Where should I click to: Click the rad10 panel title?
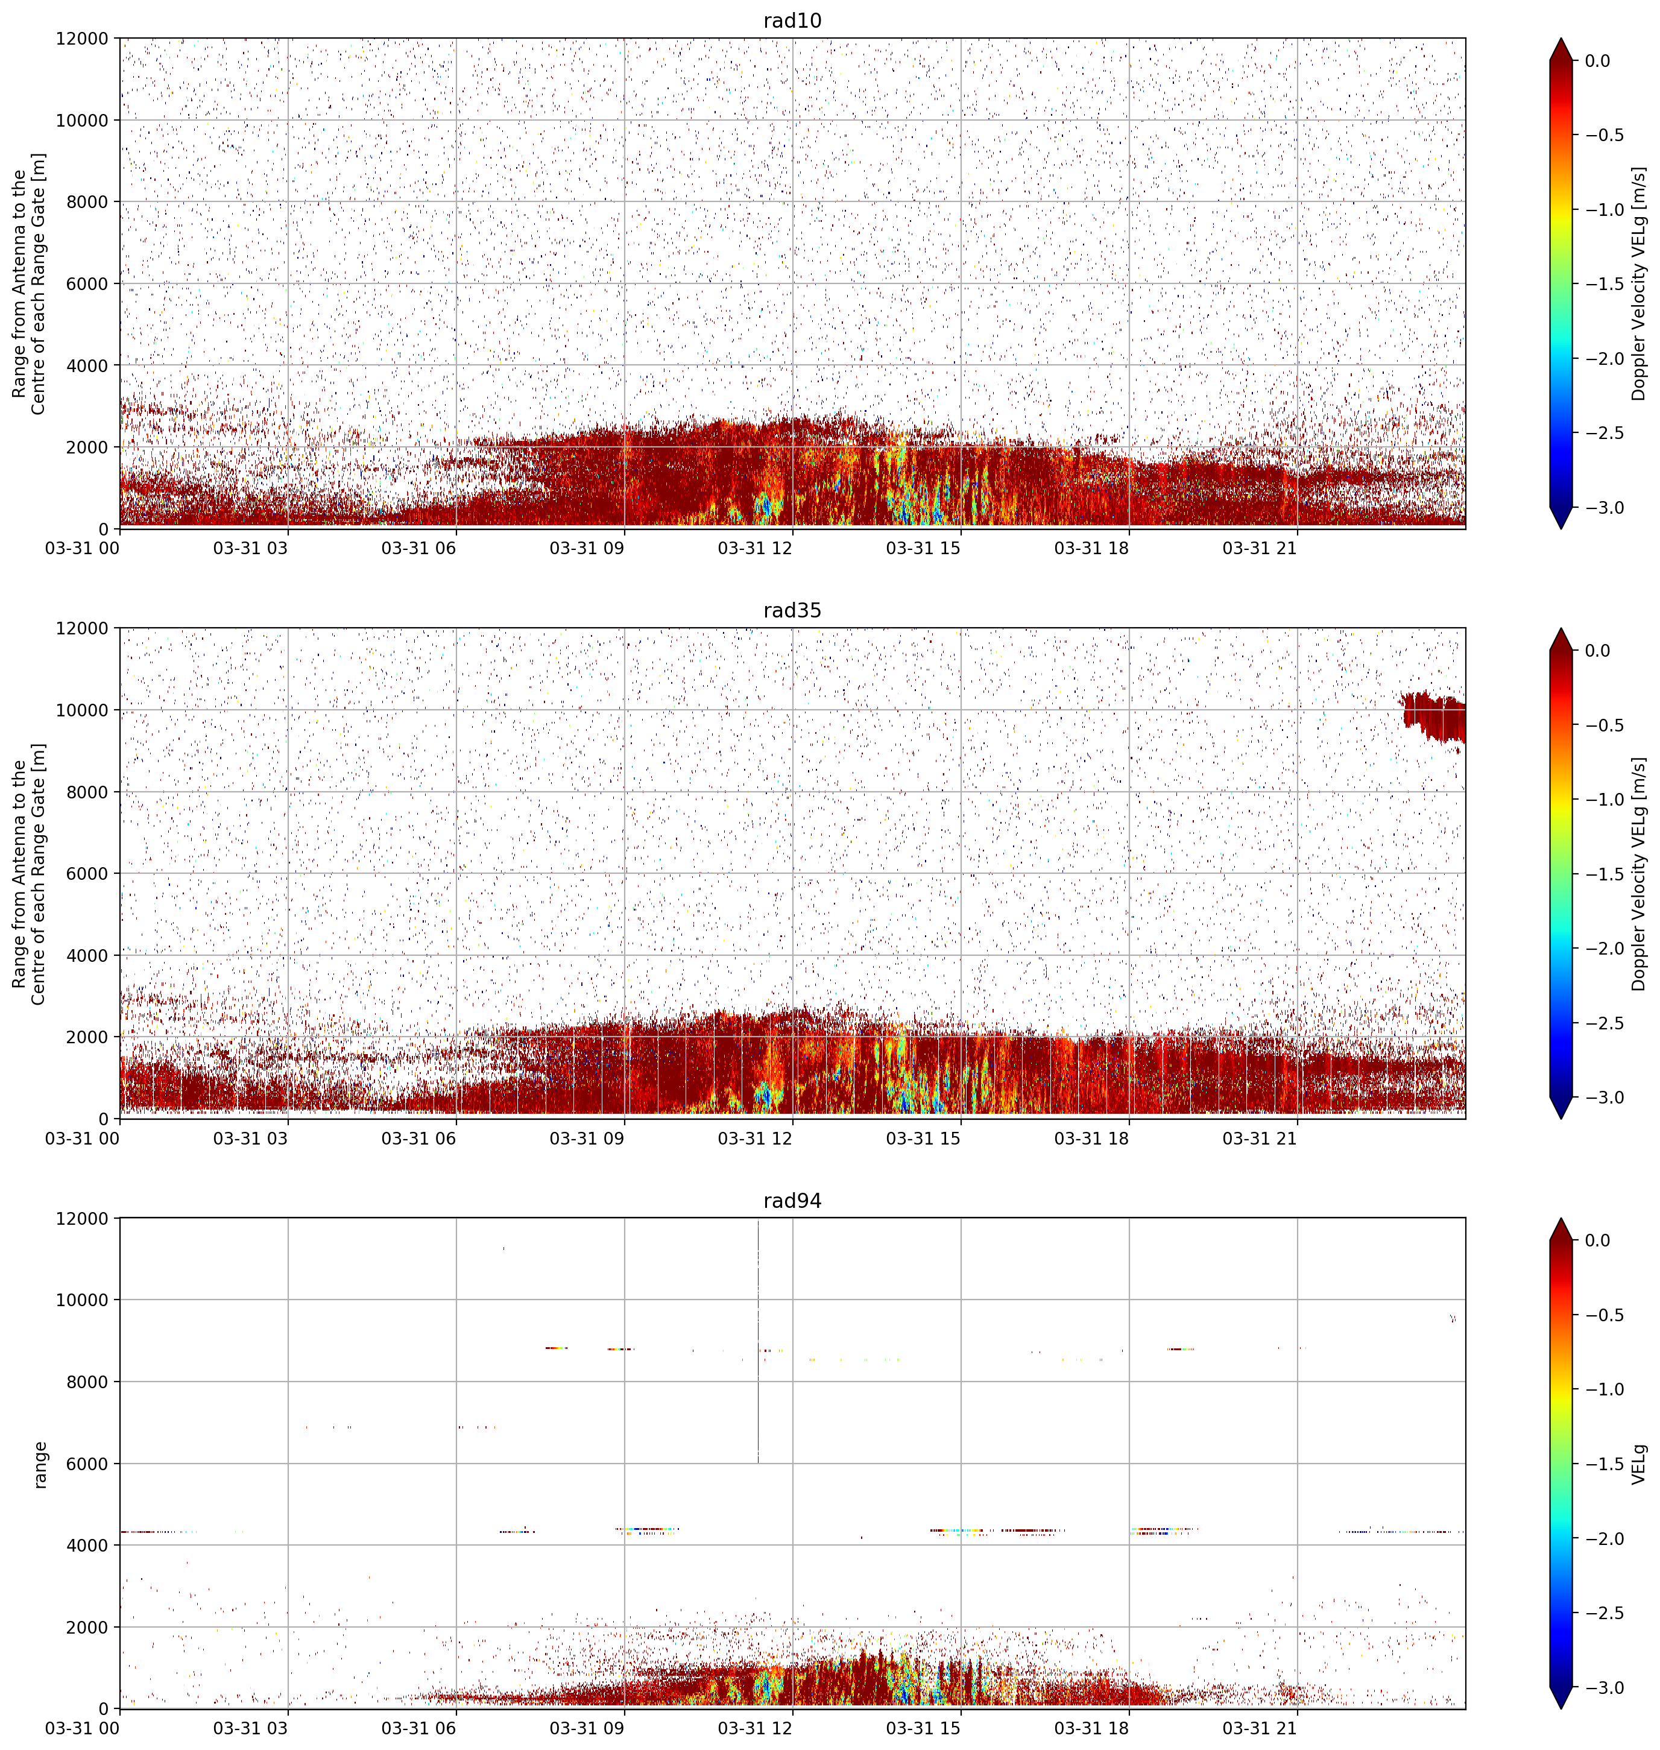tap(792, 21)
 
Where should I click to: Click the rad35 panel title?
tap(792, 610)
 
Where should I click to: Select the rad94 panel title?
tap(792, 1201)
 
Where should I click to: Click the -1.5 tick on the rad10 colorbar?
tap(1603, 284)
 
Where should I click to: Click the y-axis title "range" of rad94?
tap(40, 1464)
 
